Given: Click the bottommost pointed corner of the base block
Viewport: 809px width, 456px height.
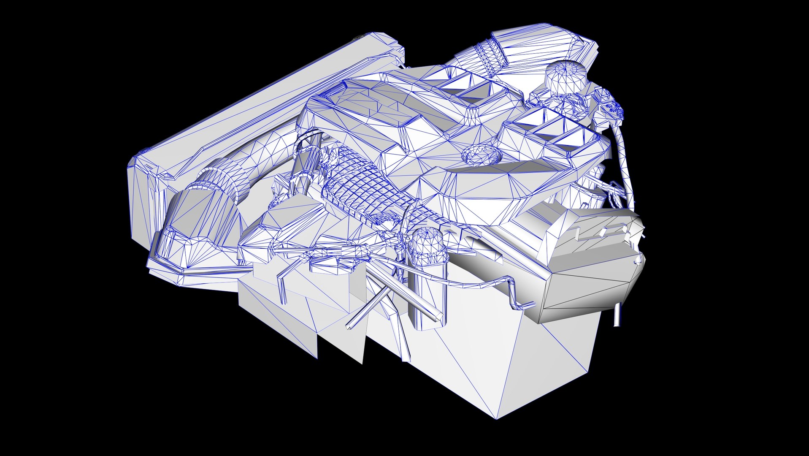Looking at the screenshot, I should (497, 418).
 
